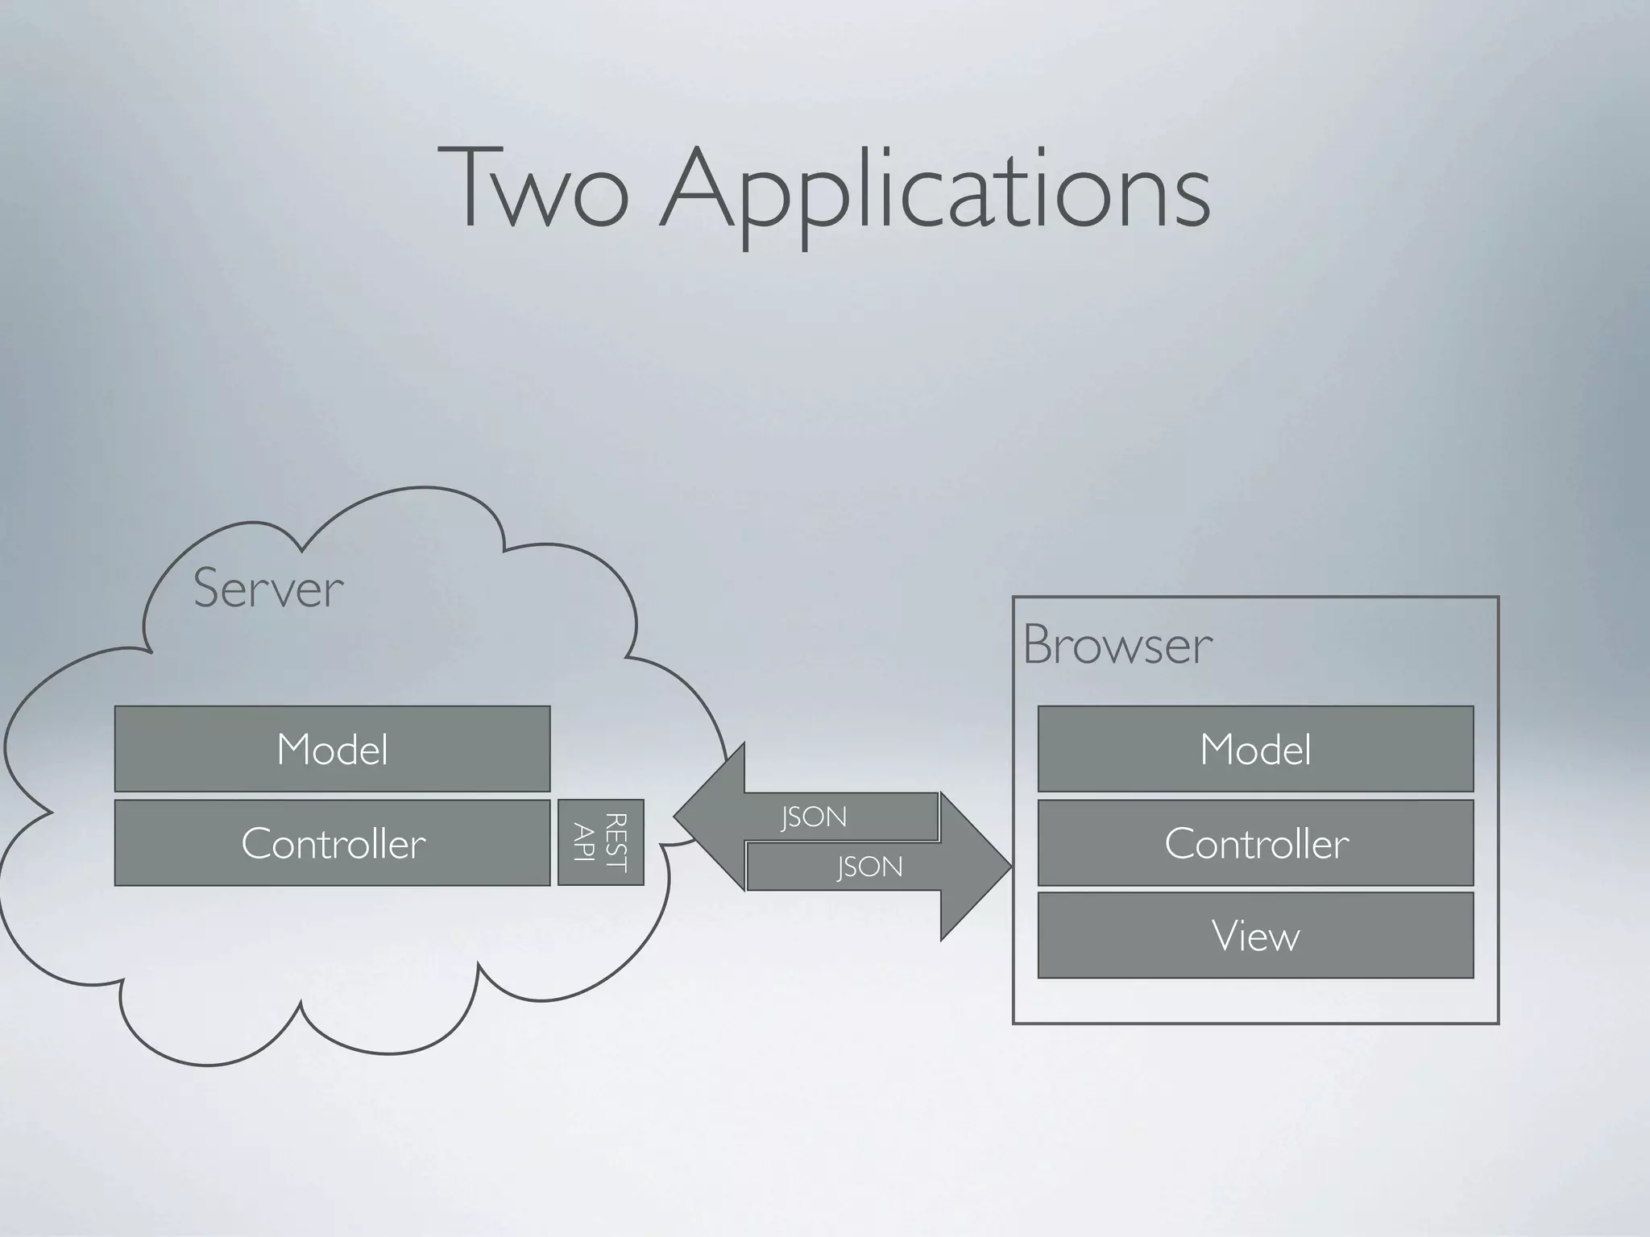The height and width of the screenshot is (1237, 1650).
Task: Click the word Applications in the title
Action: (935, 193)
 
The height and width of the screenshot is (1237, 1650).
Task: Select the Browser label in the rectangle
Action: (1117, 645)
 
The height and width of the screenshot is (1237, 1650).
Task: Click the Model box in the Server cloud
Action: (332, 749)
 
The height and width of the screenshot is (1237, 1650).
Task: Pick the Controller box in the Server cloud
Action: (332, 842)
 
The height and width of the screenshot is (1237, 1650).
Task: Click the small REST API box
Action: (600, 842)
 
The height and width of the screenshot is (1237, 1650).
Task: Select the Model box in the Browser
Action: (1255, 749)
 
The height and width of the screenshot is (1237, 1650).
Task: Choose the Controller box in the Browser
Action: (1255, 842)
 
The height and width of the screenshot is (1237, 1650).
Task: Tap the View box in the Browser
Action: (1255, 935)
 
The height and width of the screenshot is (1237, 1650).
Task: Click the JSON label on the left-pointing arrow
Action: (814, 817)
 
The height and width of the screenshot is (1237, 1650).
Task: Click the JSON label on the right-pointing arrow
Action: (869, 867)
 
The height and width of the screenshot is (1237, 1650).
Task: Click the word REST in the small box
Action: (615, 842)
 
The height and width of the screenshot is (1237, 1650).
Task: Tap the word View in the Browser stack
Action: (1255, 936)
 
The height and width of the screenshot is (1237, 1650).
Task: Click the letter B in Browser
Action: (1039, 645)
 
